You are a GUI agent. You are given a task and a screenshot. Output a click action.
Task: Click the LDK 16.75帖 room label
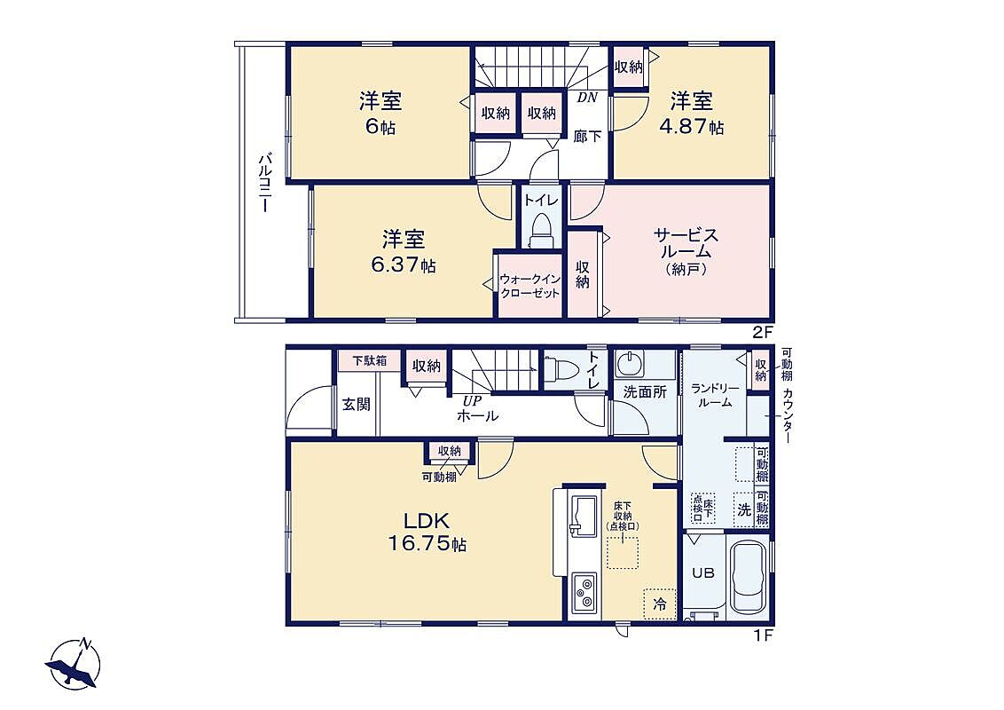[x=427, y=532]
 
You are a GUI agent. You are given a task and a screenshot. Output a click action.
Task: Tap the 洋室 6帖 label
[x=380, y=114]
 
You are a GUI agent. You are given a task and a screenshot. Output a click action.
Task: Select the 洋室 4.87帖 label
[x=692, y=114]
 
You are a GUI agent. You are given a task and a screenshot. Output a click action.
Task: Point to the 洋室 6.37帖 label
[x=404, y=252]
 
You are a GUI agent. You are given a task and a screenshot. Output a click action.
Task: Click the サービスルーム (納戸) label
[x=686, y=251]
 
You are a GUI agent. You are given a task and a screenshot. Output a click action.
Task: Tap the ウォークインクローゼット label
[x=530, y=287]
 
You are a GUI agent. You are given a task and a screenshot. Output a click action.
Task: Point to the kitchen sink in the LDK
[x=584, y=516]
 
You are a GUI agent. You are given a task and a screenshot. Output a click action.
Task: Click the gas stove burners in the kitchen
[x=584, y=592]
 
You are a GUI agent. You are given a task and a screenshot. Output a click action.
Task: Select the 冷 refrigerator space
[x=660, y=603]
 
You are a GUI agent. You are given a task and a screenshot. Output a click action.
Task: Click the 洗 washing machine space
[x=744, y=510]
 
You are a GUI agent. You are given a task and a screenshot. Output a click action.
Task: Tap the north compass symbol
[x=74, y=665]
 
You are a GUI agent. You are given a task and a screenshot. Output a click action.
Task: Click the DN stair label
[x=587, y=98]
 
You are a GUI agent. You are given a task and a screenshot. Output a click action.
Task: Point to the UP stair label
[x=473, y=400]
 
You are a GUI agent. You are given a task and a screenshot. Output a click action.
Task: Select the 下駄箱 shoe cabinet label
[x=370, y=360]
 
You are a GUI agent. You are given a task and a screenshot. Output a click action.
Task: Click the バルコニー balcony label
[x=264, y=183]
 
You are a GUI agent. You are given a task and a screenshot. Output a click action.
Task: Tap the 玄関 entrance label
[x=356, y=405]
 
